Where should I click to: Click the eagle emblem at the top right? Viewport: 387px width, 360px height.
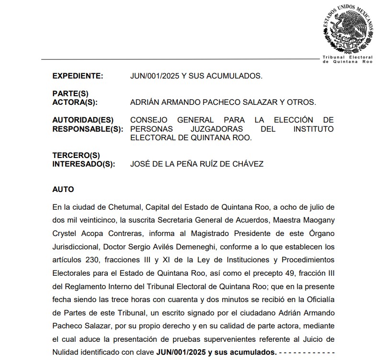click(348, 28)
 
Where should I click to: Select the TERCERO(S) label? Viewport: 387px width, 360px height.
click(76, 155)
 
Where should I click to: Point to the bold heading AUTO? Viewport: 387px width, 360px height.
click(63, 189)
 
